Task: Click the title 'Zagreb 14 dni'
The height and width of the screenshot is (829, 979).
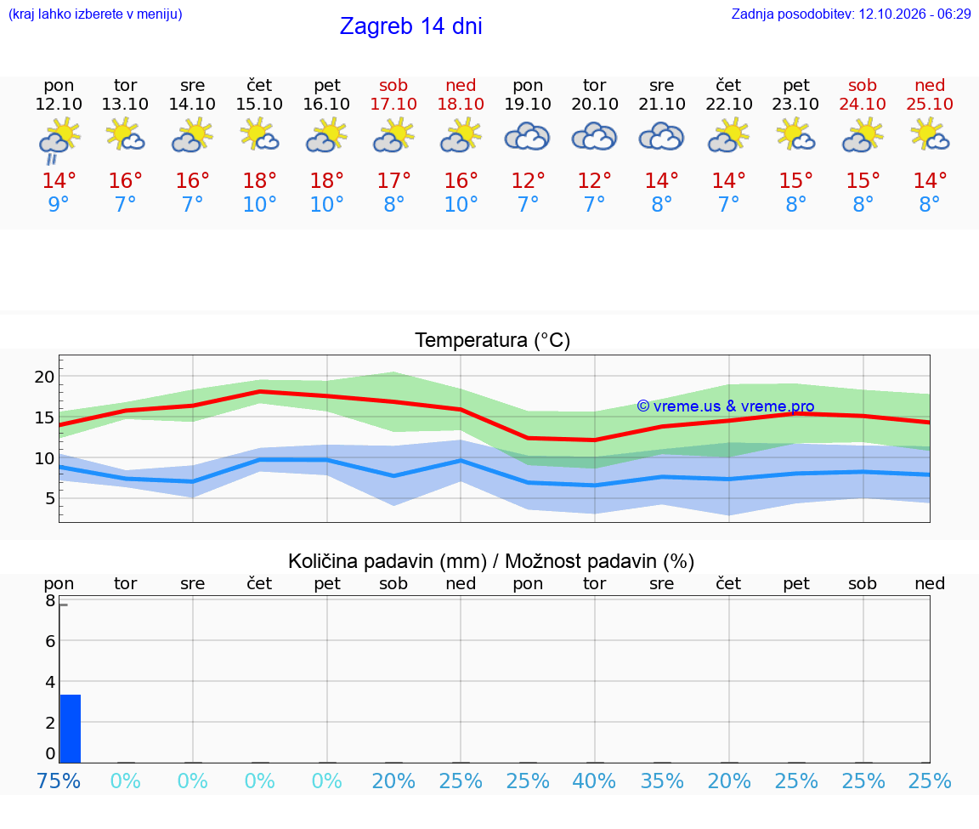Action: point(410,26)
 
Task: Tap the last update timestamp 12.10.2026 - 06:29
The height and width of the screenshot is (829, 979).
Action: point(914,14)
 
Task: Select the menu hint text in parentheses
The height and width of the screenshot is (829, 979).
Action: point(95,14)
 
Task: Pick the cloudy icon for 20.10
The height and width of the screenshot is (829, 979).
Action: point(594,137)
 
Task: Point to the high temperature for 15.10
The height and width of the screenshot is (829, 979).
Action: point(260,180)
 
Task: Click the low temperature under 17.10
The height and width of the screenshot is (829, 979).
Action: point(393,204)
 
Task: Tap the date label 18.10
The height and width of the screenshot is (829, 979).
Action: point(461,104)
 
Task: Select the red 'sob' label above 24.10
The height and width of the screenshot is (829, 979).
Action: point(863,85)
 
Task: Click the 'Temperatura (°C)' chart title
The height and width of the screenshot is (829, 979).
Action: point(493,340)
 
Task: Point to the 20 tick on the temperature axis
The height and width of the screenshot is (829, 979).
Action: point(44,377)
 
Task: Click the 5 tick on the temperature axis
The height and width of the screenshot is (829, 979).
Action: point(50,498)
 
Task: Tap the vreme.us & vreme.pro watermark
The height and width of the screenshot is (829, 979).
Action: point(726,406)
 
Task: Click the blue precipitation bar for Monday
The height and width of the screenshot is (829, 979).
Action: point(71,729)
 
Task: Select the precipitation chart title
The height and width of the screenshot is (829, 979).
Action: point(491,561)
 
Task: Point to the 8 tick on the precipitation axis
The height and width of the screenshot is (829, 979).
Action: point(51,601)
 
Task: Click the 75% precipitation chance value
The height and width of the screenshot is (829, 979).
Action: point(59,781)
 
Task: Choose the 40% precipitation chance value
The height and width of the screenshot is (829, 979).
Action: point(594,781)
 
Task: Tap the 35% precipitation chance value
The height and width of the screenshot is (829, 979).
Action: point(662,781)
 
